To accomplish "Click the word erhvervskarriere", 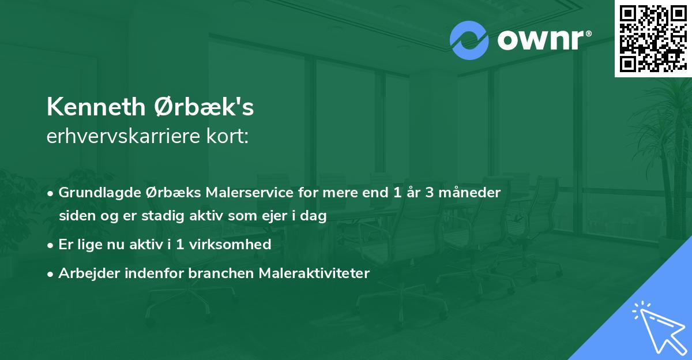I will click(x=126, y=137).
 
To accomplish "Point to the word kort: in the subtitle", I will click(x=230, y=137).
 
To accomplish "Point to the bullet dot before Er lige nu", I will click(x=51, y=245).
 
